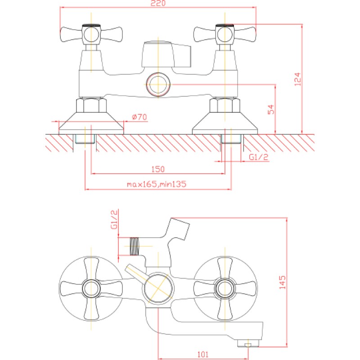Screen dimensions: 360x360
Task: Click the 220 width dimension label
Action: (158, 3)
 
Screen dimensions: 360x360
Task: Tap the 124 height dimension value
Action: (297, 79)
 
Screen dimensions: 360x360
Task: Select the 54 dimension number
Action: (271, 109)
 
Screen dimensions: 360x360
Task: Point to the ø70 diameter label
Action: (139, 117)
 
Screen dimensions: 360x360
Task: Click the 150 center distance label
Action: (158, 169)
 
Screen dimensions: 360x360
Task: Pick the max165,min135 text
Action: (157, 184)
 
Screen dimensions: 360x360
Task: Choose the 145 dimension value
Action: (283, 283)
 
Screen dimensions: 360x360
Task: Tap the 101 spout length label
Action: (203, 354)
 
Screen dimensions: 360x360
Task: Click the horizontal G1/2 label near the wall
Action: (258, 157)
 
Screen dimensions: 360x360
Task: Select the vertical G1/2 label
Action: (114, 219)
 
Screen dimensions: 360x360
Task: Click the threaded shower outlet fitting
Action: (135, 246)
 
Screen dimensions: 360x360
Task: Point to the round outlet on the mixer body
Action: (158, 84)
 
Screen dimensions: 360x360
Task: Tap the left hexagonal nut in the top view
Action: (91, 105)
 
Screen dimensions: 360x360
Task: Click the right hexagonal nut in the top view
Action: (225, 105)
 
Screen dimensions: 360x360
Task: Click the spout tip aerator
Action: (248, 343)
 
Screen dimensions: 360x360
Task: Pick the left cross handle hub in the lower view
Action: (91, 288)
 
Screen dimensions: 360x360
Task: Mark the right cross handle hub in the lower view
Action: (225, 288)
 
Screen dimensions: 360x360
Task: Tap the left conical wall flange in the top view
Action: (91, 123)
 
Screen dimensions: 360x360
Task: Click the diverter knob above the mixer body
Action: (166, 54)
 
